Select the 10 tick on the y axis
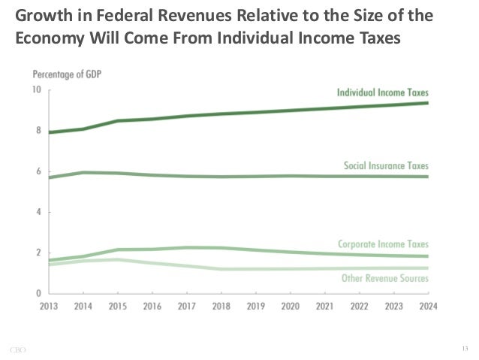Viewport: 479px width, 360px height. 37,90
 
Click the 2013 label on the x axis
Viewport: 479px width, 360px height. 50,307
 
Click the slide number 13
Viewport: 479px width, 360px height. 465,346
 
